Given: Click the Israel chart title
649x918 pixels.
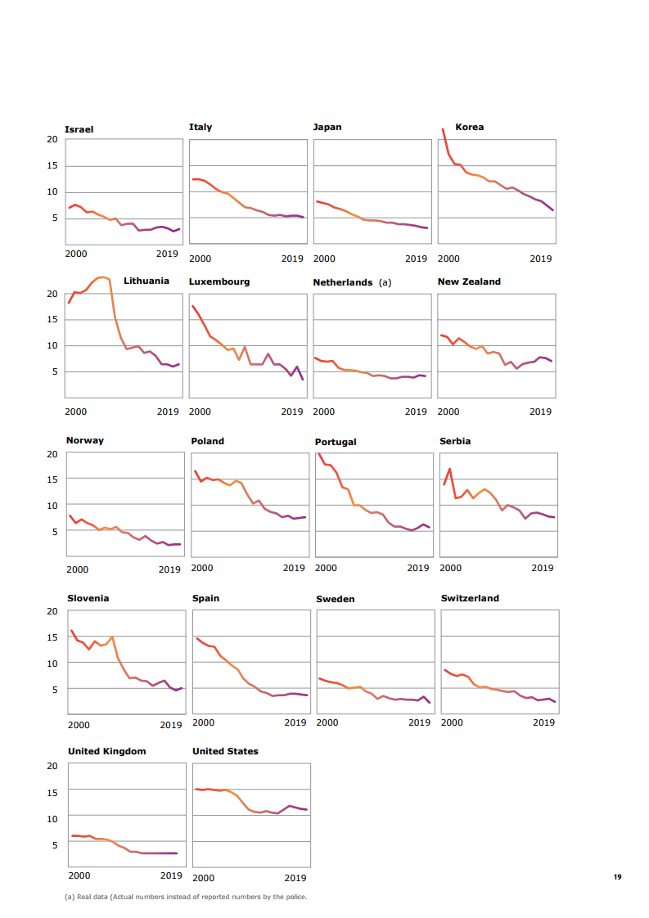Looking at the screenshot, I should [79, 129].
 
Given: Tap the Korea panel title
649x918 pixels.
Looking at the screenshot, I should [469, 127].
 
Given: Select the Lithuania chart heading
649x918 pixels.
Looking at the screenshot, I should [146, 281].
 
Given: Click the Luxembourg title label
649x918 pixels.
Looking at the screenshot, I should [219, 281].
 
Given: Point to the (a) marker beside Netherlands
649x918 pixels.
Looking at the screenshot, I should [385, 282].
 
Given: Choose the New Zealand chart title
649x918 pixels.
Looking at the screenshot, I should [469, 281].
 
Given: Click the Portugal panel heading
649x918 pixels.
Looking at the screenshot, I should [336, 442].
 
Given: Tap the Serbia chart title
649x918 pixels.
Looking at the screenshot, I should [455, 441].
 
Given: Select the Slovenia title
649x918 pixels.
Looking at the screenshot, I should [88, 598].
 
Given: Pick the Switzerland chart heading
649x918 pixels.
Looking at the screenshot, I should [470, 598].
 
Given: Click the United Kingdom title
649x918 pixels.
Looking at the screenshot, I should [107, 751].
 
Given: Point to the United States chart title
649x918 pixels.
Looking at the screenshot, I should [225, 751].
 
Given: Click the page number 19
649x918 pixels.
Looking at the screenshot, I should [617, 877].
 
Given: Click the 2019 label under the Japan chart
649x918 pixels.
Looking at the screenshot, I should [417, 259].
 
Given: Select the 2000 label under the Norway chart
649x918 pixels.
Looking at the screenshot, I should [78, 569].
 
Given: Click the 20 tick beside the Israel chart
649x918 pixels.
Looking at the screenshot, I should [52, 139].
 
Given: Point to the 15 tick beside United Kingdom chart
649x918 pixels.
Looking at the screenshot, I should [52, 792].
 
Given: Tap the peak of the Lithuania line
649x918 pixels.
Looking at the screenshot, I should [102, 277].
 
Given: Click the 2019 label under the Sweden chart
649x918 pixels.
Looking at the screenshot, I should [419, 723].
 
